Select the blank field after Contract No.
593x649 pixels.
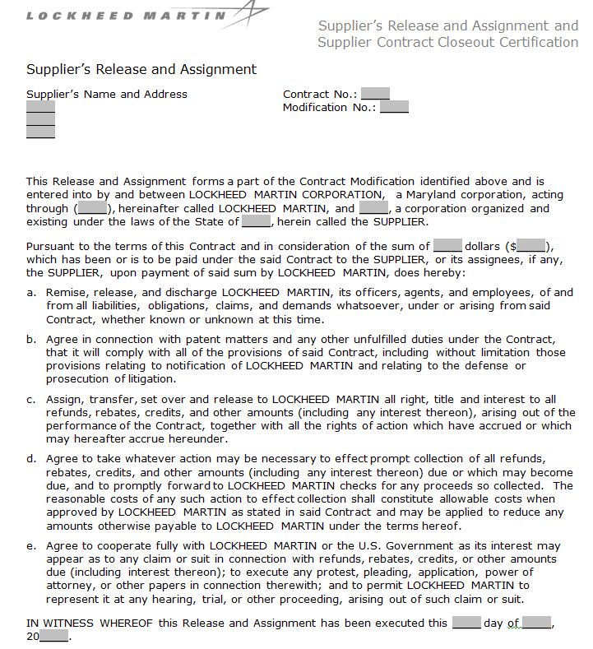tap(375, 94)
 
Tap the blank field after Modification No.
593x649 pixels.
tap(394, 107)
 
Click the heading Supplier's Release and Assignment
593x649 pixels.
tap(141, 69)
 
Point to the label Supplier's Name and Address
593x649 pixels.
tap(107, 94)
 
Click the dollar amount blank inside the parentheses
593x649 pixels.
tap(530, 245)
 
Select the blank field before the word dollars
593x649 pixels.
tap(447, 245)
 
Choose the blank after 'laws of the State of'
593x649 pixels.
tap(256, 221)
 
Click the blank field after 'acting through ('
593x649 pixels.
tap(92, 208)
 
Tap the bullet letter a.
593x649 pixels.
tap(30, 293)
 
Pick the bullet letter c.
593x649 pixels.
tap(30, 400)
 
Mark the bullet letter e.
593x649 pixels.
tap(30, 546)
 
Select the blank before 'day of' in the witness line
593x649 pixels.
tap(466, 623)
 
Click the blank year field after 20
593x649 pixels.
tap(53, 637)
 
